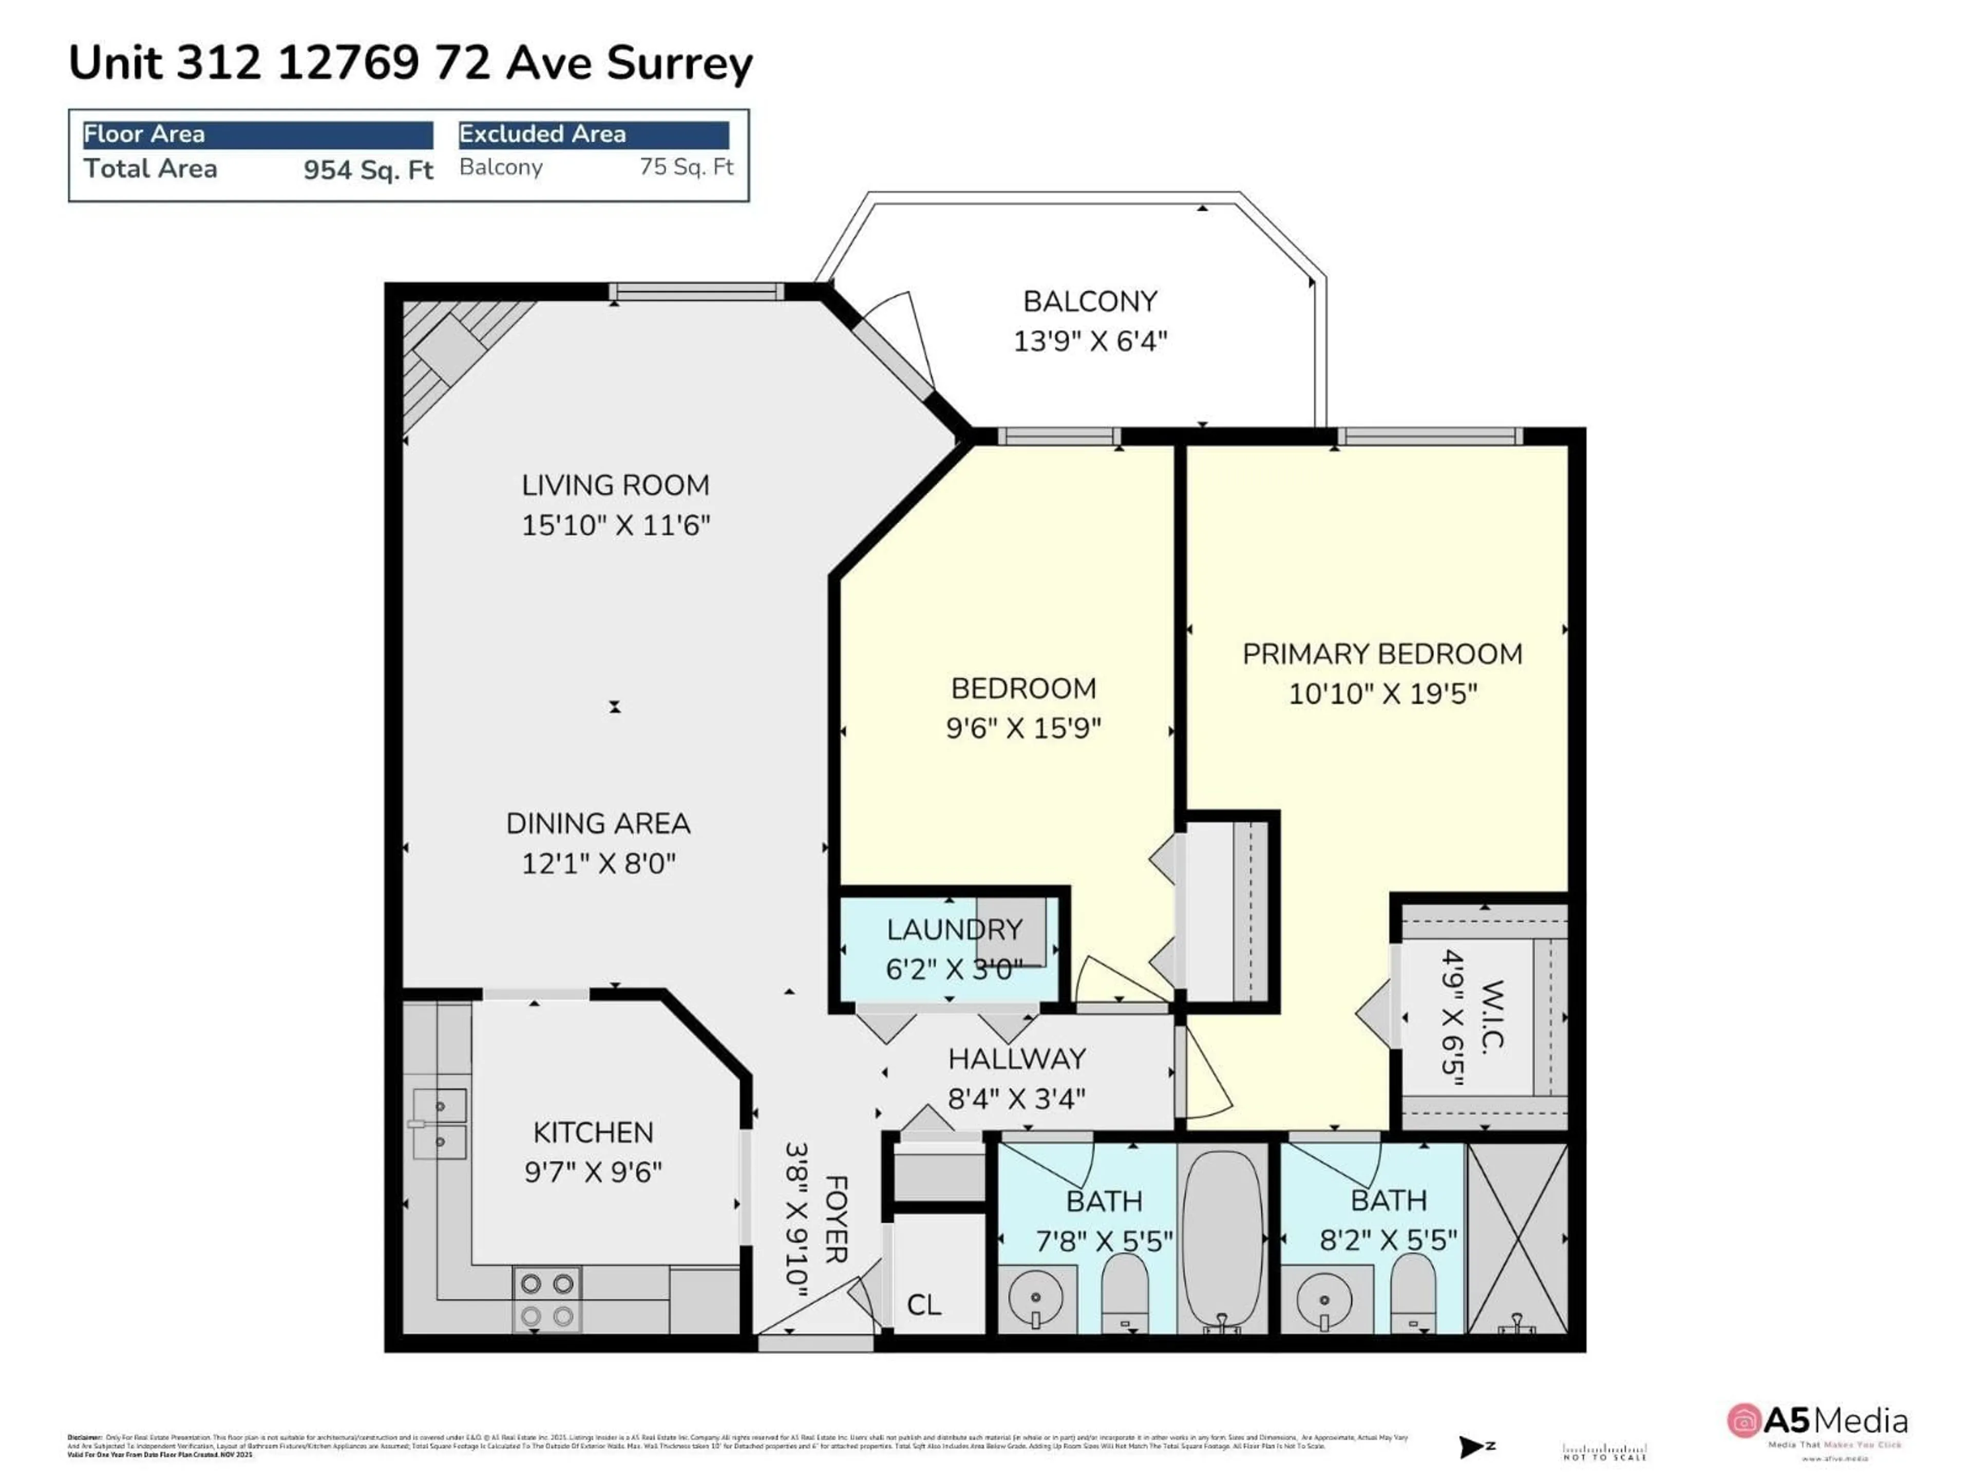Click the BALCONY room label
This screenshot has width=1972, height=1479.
[x=1089, y=301]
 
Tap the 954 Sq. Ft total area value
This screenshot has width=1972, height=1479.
[x=368, y=169]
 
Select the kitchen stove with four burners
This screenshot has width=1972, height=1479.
[x=546, y=1299]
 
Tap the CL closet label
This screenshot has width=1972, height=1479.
[x=923, y=1305]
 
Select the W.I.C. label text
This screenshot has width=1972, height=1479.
[x=1491, y=1016]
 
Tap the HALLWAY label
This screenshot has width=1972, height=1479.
[x=1016, y=1059]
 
